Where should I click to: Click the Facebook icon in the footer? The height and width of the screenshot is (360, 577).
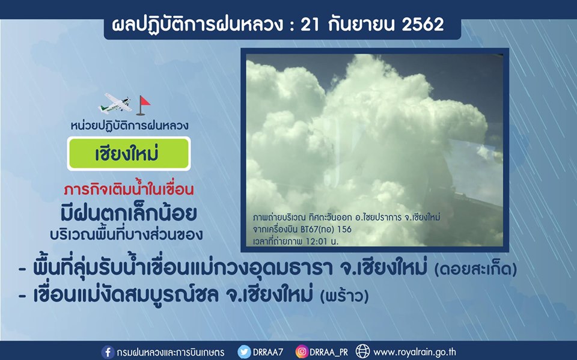(108, 352)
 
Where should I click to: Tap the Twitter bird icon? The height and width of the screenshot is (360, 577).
(244, 352)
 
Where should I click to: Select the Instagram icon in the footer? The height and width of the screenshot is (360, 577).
(301, 352)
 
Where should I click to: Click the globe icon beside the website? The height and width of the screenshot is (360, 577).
(362, 352)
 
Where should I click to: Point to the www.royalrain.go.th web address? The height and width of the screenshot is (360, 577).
(414, 352)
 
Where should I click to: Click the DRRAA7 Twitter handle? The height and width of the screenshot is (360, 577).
(268, 352)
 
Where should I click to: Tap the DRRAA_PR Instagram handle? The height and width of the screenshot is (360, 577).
(328, 352)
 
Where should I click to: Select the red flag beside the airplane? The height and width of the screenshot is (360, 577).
(143, 105)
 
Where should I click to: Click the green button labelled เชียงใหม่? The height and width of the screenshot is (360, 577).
(129, 153)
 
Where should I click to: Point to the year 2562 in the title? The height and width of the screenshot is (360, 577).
(423, 25)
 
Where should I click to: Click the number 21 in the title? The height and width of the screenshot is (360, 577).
(310, 25)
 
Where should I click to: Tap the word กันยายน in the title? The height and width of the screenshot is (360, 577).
(361, 25)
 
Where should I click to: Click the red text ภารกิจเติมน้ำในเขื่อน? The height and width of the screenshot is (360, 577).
(129, 189)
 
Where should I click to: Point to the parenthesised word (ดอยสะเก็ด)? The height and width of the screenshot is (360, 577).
(475, 270)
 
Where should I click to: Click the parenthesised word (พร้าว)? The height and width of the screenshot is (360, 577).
(344, 296)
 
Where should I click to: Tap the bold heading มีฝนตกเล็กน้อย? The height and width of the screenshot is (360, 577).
(129, 214)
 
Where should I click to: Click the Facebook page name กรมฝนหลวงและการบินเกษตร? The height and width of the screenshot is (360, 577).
(170, 352)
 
